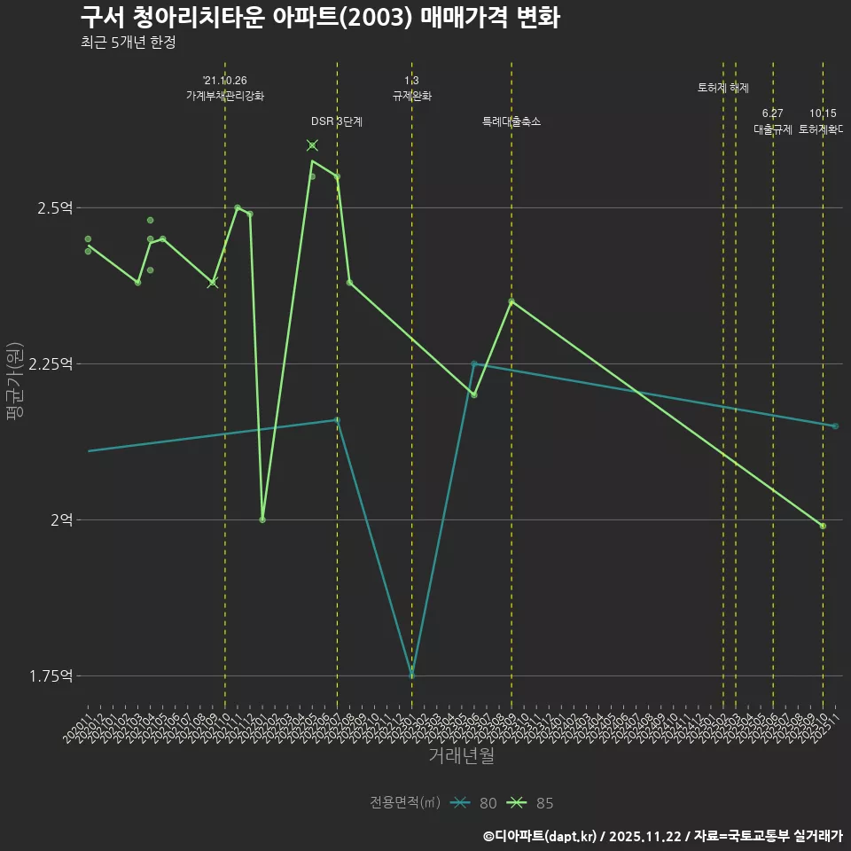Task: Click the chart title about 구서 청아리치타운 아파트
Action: tap(319, 18)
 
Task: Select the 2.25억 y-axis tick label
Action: tap(51, 363)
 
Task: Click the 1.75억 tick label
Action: tap(51, 675)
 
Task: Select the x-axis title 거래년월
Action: tap(461, 756)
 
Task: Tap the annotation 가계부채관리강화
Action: tap(224, 96)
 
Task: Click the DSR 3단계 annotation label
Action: tap(337, 121)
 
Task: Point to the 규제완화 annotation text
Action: tap(411, 96)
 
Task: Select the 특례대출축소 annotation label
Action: tap(511, 121)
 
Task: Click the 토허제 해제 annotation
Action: tap(723, 88)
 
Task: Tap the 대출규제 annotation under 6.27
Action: tap(773, 129)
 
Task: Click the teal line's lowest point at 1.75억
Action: tap(411, 675)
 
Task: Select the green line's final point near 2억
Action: tap(823, 526)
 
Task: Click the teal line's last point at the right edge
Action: tap(835, 426)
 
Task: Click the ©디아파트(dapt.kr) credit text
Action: tap(541, 835)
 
